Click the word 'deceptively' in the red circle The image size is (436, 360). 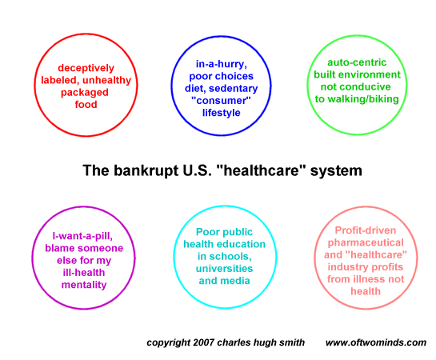pyautogui.click(x=86, y=68)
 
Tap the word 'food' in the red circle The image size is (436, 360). pyautogui.click(x=86, y=105)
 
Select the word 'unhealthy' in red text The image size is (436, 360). pyautogui.click(x=106, y=81)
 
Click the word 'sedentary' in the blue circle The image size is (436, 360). pyautogui.click(x=234, y=89)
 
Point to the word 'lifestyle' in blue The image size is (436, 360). pyautogui.click(x=222, y=113)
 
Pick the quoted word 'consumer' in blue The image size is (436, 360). pyautogui.click(x=221, y=100)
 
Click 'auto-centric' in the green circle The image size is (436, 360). pyautogui.click(x=357, y=62)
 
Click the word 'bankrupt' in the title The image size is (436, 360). pyautogui.click(x=146, y=170)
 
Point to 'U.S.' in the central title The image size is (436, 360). pyautogui.click(x=197, y=170)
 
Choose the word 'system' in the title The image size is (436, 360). pyautogui.click(x=336, y=171)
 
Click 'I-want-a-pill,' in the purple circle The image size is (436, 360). pyautogui.click(x=82, y=236)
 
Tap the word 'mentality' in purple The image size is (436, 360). pyautogui.click(x=84, y=285)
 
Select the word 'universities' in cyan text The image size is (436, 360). pyautogui.click(x=224, y=269)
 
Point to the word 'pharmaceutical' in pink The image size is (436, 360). pyautogui.click(x=366, y=243)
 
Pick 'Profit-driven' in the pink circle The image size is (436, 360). pyautogui.click(x=366, y=230)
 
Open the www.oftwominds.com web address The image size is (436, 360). pyautogui.click(x=376, y=342)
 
